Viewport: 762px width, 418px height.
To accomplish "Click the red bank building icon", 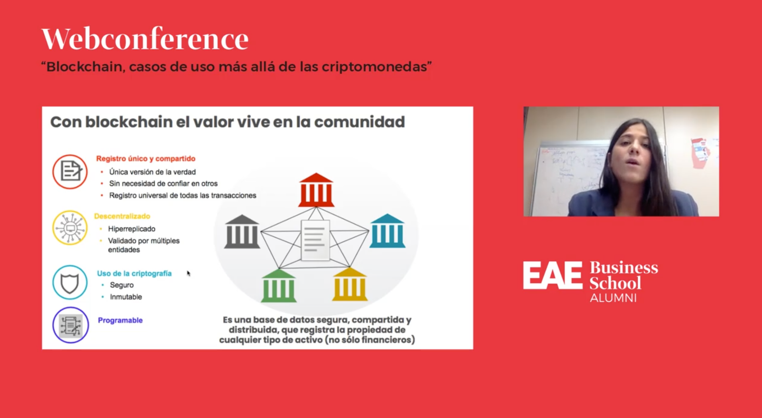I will pos(316,190).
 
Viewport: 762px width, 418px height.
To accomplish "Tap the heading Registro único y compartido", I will pos(146,159).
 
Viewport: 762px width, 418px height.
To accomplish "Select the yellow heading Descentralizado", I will pos(122,216).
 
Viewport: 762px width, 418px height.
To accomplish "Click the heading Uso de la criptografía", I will pos(134,273).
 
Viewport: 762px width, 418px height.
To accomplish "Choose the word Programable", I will pos(120,320).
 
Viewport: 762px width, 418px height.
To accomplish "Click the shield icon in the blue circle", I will pos(70,283).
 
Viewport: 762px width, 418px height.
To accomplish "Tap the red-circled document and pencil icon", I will pos(70,172).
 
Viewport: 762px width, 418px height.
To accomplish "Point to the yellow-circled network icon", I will pos(70,228).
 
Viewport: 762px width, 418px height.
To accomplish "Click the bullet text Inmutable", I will pos(126,297).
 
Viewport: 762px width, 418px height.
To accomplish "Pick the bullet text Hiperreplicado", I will pos(132,229).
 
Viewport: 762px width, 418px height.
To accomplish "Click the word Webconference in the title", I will pos(145,39).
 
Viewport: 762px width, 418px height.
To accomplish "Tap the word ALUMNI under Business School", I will pos(613,298).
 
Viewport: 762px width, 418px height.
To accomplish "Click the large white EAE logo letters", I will pos(553,275).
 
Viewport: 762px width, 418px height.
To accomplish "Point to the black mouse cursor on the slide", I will pos(188,273).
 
